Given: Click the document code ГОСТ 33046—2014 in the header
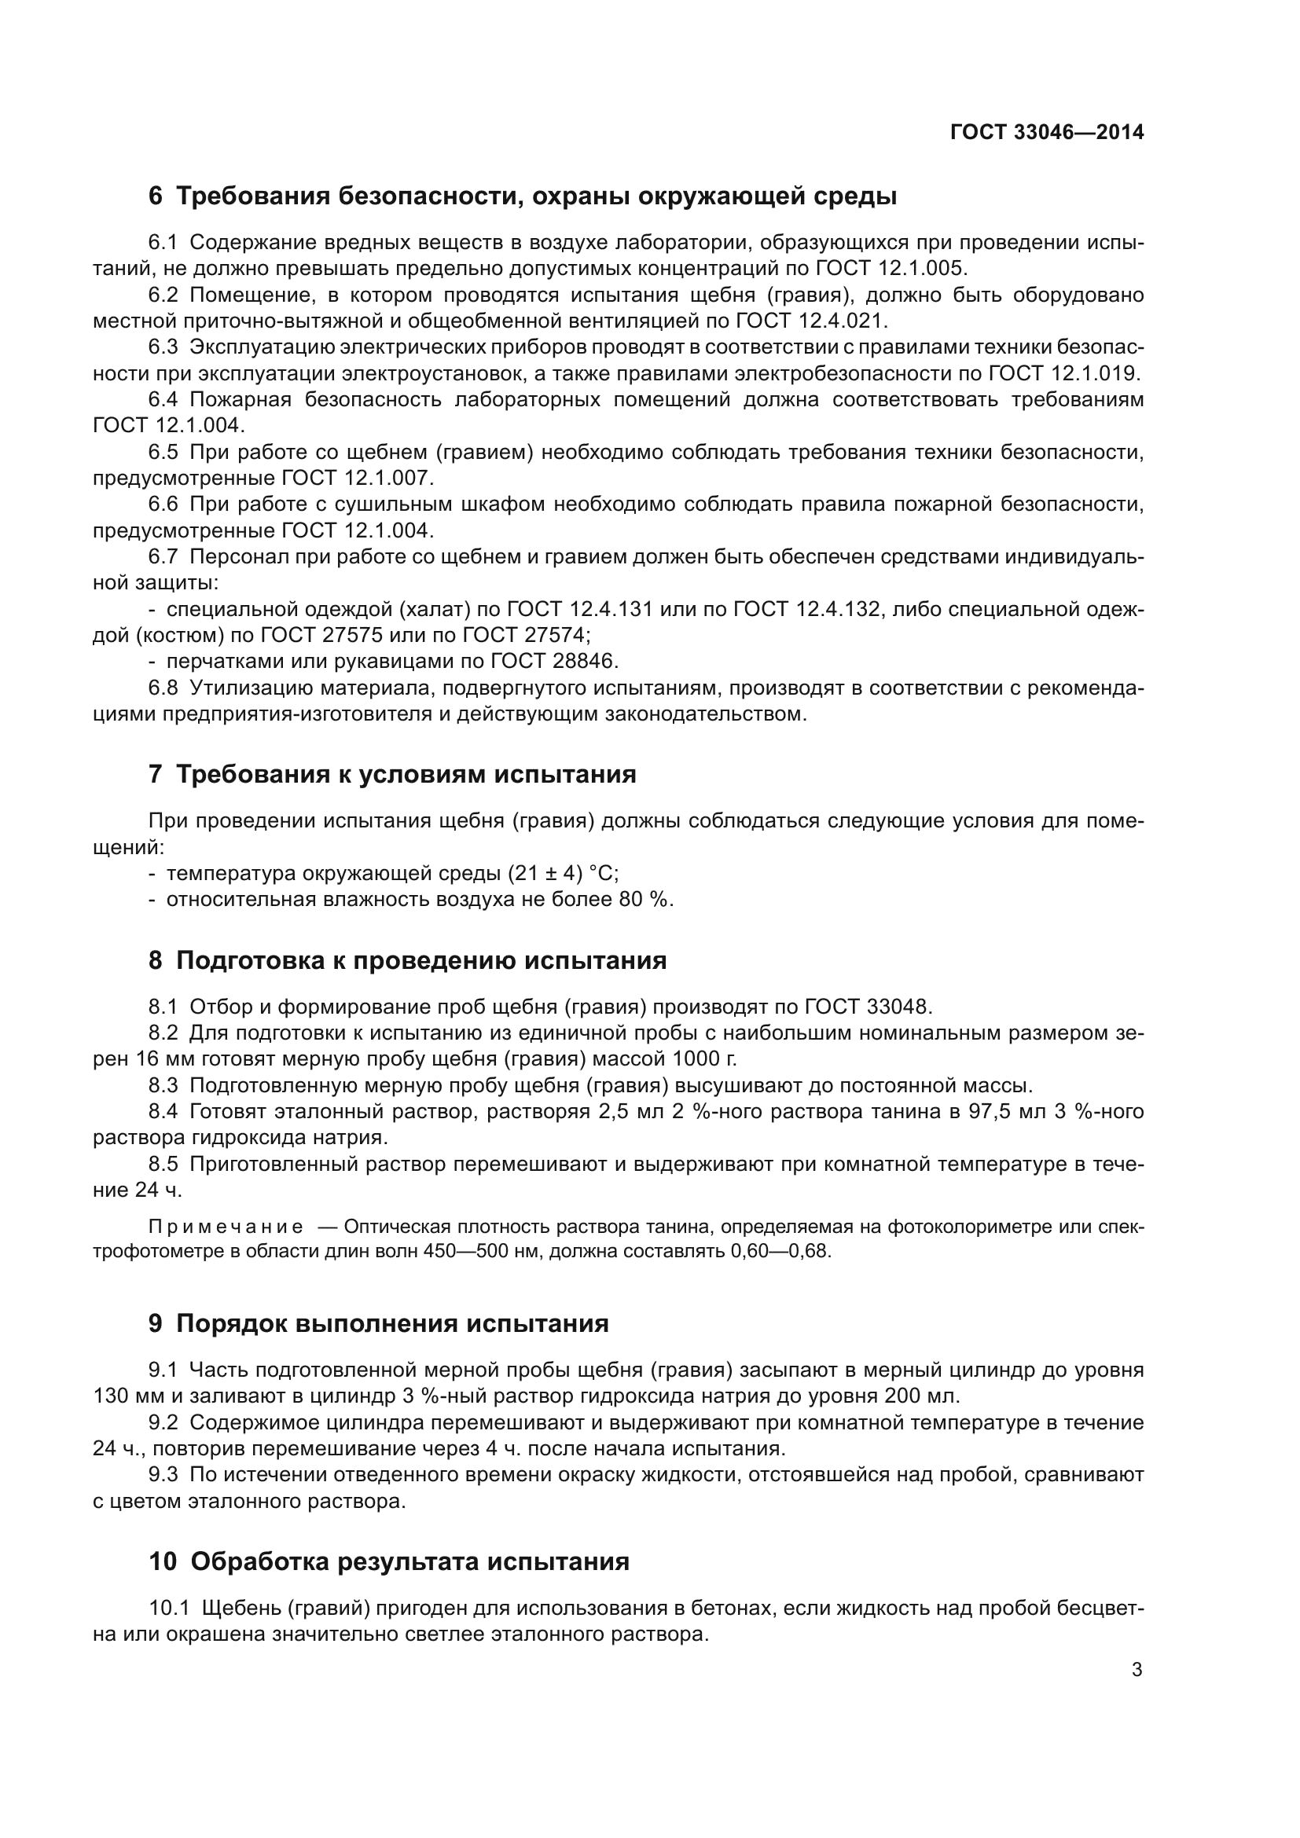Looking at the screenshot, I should [x=1046, y=133].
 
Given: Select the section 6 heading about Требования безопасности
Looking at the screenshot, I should [x=522, y=196].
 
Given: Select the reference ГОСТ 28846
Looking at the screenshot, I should [x=554, y=661].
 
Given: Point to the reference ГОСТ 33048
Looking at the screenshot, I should [x=869, y=1007].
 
